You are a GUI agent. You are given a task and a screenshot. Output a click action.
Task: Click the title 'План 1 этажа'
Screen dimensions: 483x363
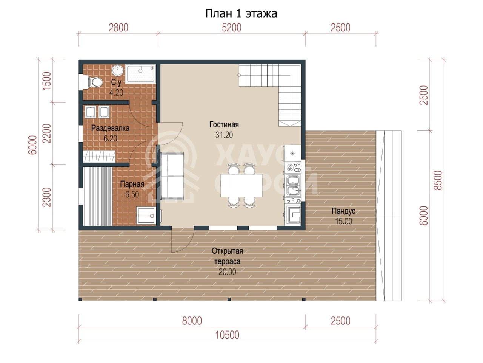click(241, 14)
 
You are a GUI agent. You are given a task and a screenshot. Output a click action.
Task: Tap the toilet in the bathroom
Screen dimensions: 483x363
click(95, 82)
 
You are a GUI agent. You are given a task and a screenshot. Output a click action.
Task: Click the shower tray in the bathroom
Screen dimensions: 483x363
click(140, 74)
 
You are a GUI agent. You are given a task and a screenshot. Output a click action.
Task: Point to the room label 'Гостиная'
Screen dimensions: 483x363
click(224, 124)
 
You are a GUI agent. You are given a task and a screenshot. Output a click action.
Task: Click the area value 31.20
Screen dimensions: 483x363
click(224, 135)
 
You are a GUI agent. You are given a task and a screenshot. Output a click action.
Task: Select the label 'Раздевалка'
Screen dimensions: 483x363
click(110, 128)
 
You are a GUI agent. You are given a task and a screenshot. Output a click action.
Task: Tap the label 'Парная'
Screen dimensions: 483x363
click(132, 184)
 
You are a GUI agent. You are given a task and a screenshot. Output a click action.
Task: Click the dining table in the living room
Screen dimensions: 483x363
click(241, 185)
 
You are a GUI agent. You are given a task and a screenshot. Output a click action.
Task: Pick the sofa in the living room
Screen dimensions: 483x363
click(172, 176)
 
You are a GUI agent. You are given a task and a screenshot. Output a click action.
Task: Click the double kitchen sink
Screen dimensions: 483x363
click(293, 185)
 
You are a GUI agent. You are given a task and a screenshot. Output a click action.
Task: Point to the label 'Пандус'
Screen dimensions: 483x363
click(343, 211)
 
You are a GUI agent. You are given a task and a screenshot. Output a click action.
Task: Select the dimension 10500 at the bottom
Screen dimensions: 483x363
click(227, 335)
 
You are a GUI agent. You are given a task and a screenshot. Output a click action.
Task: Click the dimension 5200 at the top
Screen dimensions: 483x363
click(231, 28)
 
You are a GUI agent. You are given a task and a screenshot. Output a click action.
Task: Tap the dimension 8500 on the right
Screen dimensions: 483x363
click(438, 180)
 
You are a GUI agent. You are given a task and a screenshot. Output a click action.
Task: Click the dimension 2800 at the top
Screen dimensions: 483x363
click(118, 28)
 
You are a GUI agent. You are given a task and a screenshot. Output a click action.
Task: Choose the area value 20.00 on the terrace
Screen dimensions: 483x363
click(227, 272)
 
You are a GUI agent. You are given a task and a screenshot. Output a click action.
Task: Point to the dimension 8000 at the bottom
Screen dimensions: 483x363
click(192, 321)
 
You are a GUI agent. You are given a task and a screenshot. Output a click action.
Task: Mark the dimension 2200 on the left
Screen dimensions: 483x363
click(47, 133)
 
